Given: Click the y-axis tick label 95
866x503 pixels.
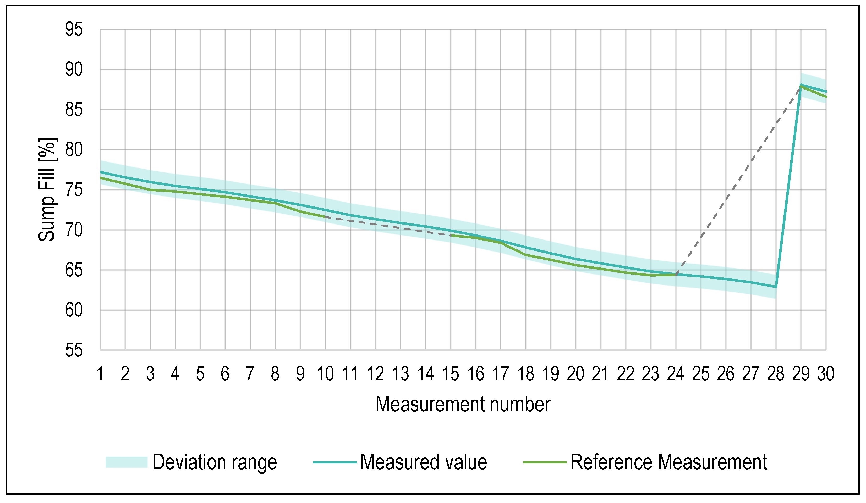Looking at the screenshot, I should [x=74, y=30].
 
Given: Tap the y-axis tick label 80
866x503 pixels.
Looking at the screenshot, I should [x=74, y=150].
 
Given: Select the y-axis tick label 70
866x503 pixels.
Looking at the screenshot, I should [x=74, y=230].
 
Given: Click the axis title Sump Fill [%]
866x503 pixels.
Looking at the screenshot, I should [x=47, y=190].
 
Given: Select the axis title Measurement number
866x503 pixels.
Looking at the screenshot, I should [x=463, y=404].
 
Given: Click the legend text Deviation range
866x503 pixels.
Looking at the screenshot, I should [x=215, y=462].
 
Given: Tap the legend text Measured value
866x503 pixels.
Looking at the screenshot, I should [x=423, y=462].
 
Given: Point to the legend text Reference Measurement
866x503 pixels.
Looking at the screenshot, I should [x=668, y=462].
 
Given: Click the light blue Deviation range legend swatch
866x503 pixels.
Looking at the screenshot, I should [x=127, y=462].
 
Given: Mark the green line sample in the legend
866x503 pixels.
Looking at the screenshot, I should [x=545, y=462].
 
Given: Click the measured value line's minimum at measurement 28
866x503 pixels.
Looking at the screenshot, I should [x=776, y=287].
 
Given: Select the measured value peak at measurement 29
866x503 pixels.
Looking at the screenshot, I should [x=801, y=85].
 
